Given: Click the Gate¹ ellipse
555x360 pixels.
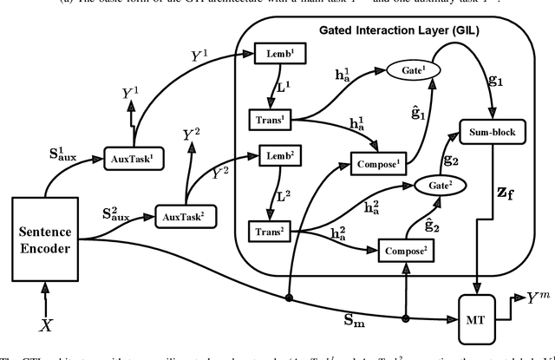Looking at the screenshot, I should [405, 67].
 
